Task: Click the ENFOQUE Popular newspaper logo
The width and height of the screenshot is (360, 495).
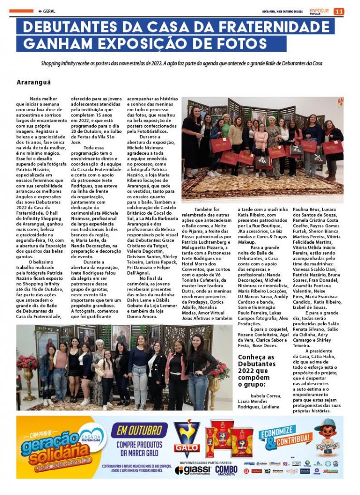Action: pyautogui.click(x=319, y=11)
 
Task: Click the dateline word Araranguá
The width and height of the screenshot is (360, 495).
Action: pyautogui.click(x=33, y=82)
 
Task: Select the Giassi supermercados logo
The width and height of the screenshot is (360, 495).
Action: pyautogui.click(x=193, y=470)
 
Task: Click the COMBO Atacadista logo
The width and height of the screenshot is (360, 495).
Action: pyautogui.click(x=226, y=470)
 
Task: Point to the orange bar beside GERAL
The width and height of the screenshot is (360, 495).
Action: pyautogui.click(x=21, y=11)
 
